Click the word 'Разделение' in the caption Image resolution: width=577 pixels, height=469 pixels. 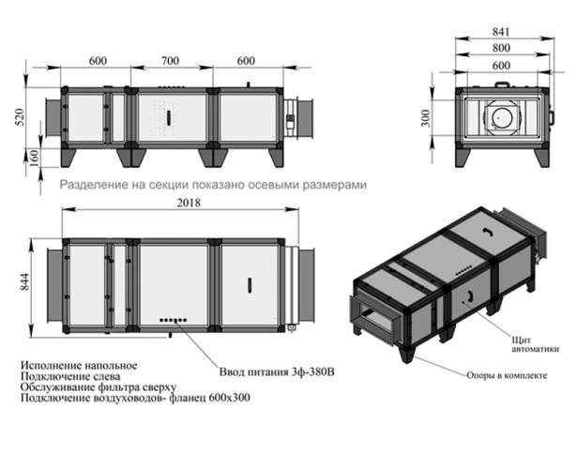90,185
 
